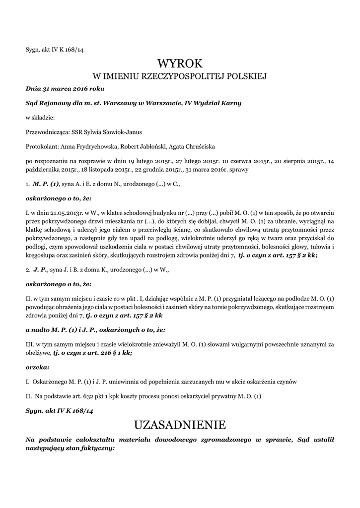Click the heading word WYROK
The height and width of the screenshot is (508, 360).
pyautogui.click(x=180, y=63)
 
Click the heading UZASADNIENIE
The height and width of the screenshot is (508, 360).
pyautogui.click(x=180, y=425)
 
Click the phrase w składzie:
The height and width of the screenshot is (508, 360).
pyautogui.click(x=40, y=118)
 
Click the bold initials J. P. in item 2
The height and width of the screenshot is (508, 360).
pyautogui.click(x=40, y=271)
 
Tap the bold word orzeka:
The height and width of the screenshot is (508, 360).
pyautogui.click(x=37, y=367)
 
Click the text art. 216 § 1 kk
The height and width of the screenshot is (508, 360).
pyautogui.click(x=112, y=353)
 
